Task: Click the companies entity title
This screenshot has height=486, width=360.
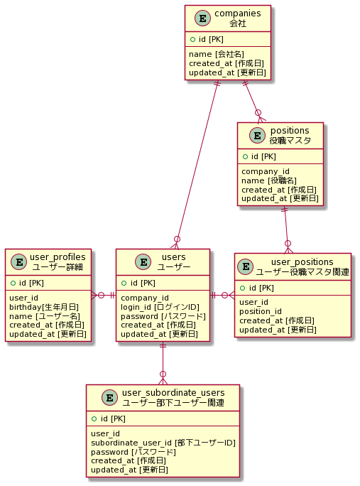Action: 238,13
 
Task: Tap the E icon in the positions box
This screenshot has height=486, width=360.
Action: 252,135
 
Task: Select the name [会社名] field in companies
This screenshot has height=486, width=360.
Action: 217,53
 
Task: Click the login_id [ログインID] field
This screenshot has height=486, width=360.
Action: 160,306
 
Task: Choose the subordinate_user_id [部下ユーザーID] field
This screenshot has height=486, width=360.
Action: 163,442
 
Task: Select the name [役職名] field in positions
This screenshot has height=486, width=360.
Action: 268,180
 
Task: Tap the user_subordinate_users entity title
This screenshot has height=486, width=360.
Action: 173,393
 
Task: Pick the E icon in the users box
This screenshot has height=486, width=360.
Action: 143,261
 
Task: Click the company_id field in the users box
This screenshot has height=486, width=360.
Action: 145,297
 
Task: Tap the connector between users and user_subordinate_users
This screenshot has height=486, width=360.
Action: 163,362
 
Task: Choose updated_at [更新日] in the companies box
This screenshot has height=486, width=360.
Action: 227,72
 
